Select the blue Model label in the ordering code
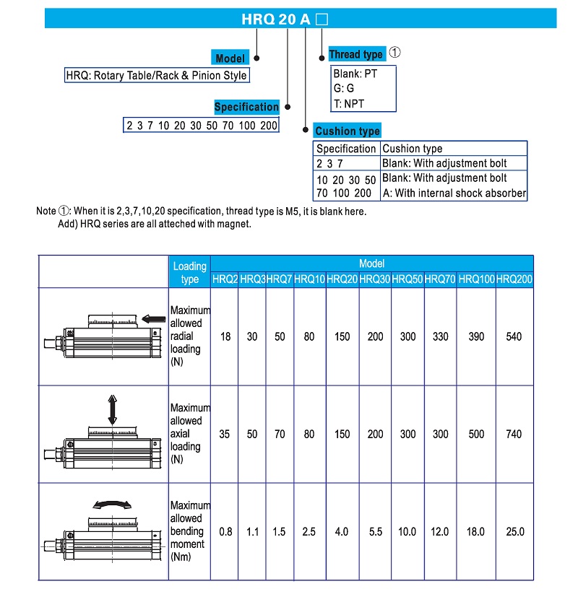click(230, 58)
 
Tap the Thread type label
click(355, 54)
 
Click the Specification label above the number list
click(246, 107)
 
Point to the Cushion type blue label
click(348, 131)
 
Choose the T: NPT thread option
click(349, 103)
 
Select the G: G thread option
click(344, 88)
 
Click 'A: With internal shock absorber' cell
click(454, 193)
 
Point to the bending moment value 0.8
click(225, 531)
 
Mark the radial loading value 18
click(225, 336)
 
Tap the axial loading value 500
click(476, 434)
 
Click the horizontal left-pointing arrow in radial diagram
click(155, 318)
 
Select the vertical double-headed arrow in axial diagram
click(112, 409)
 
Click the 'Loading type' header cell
click(189, 272)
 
